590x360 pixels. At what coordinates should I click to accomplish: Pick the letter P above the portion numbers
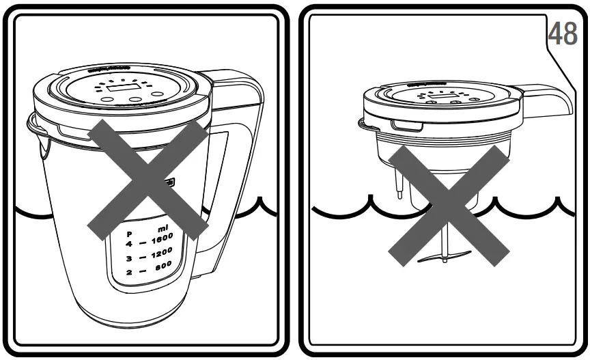point(130,233)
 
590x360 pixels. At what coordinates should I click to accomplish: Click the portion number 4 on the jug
point(128,245)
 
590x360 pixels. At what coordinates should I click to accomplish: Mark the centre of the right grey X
point(448,204)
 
